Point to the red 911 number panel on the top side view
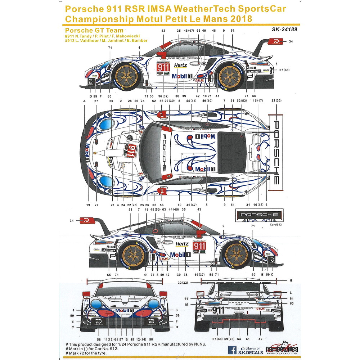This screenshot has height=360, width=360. click(163, 68)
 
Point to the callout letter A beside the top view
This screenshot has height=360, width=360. click(84, 102)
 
